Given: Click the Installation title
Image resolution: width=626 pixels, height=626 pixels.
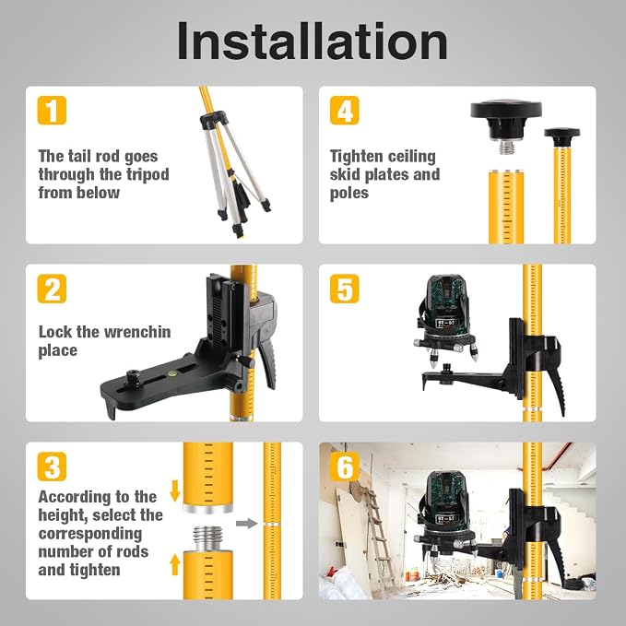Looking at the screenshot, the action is pos(313,41).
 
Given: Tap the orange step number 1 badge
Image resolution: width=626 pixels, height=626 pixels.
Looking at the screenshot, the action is pos(52,111).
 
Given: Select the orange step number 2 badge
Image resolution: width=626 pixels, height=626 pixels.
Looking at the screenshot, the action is pos(52,289).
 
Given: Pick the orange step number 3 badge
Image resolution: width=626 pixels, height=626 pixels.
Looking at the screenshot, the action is pos(52,467).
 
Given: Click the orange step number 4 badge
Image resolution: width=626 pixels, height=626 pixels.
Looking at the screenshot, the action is pos(345,111).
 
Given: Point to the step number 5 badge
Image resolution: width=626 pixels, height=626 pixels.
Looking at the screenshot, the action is pos(345,289).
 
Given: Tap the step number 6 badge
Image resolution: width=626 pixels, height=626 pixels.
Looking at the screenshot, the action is pos(345,467).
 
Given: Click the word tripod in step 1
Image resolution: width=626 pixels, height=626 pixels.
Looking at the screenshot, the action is pos(148,175).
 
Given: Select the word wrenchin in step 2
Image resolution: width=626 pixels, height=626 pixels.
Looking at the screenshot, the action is pos(137,332).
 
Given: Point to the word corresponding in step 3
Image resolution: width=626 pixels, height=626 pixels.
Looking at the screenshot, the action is pos(90,534).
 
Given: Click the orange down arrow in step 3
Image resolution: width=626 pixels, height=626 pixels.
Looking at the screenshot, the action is pos(174,490).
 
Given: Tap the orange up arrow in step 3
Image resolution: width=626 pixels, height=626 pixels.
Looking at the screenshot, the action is pos(174,564).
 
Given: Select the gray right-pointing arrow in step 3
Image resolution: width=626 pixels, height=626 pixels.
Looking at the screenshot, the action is pos(246,523).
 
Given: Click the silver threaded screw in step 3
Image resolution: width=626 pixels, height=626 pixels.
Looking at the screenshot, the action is pos(208,537).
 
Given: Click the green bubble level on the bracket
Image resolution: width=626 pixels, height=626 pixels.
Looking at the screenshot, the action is pos(172,373).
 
